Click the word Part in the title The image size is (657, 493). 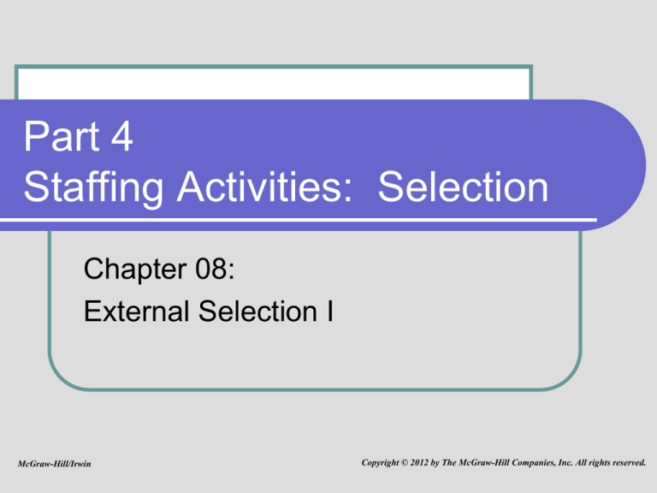62,136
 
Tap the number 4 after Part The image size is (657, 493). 122,136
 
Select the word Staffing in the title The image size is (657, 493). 93,187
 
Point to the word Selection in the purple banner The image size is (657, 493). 463,187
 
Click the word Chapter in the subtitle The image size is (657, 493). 135,269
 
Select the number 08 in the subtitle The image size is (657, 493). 211,269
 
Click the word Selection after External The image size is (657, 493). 257,311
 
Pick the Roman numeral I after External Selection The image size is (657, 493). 330,311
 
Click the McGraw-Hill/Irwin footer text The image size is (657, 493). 54,464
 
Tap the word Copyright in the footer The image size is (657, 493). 380,463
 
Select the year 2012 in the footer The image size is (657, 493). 419,462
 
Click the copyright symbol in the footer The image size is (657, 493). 405,463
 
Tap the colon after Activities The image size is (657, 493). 347,191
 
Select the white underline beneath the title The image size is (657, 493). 299,220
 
